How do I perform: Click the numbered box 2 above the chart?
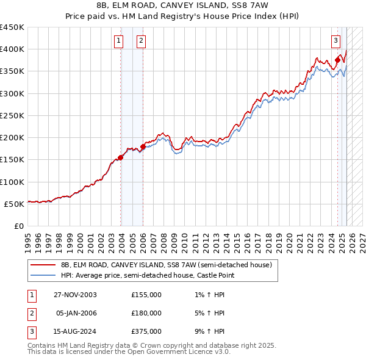(x=141, y=41)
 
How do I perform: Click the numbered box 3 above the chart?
(x=335, y=41)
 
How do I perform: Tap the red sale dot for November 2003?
(x=121, y=157)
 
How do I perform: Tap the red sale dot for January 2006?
(x=143, y=146)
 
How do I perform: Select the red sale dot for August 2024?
(x=337, y=60)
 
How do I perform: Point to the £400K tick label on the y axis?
(x=12, y=49)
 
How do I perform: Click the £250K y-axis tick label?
(x=12, y=115)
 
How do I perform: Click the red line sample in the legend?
(x=43, y=265)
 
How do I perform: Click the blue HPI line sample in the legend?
(x=43, y=276)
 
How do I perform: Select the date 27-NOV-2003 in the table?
(x=75, y=295)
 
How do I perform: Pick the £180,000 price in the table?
(x=146, y=313)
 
